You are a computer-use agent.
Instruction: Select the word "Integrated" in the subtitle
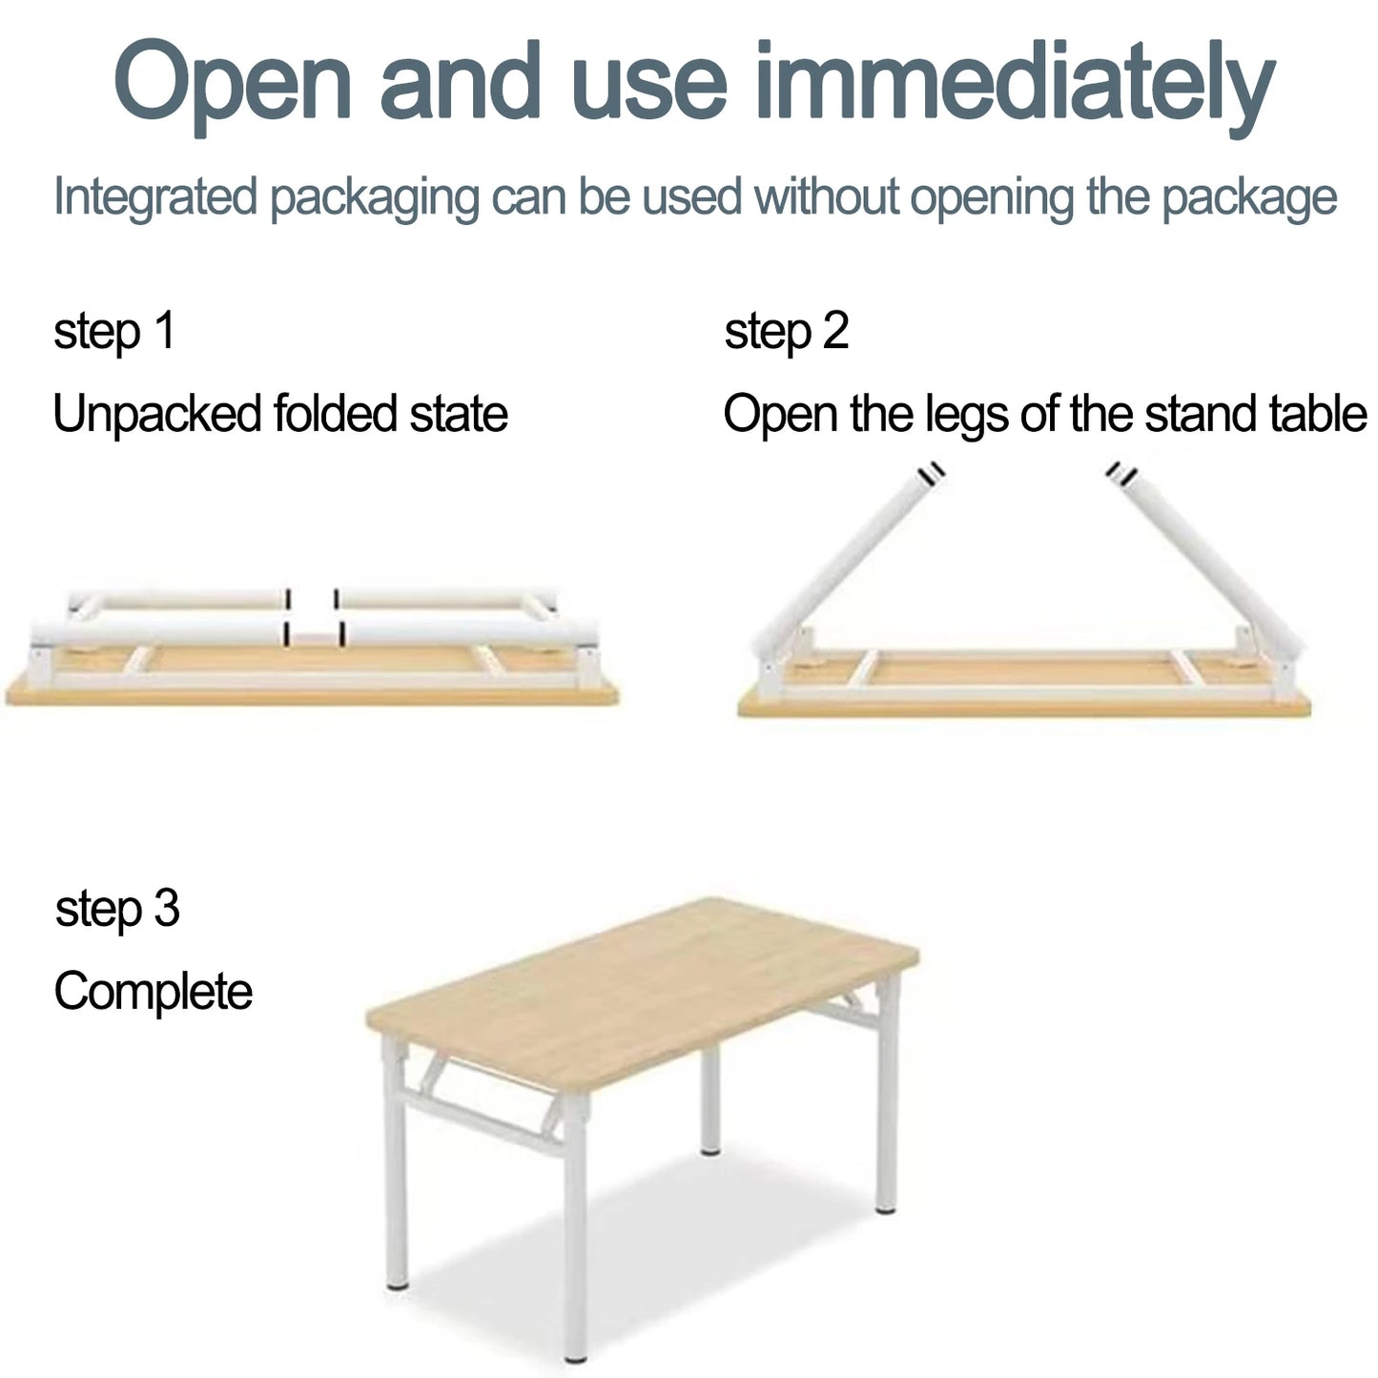coord(155,198)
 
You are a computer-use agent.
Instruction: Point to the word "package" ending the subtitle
coord(1249,198)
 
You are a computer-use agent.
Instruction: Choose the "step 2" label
coord(786,331)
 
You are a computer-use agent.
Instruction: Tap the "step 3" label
coord(117,908)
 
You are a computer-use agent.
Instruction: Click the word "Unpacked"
coord(156,414)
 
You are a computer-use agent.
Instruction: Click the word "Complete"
coord(153,992)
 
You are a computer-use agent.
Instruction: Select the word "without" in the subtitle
coord(826,198)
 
